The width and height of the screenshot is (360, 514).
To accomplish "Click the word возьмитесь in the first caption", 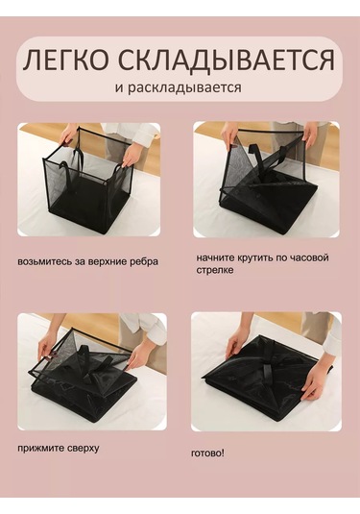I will coord(41,261).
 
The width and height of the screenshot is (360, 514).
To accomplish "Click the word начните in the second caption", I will coord(217,258).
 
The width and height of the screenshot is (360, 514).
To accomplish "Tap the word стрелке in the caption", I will coord(215,271).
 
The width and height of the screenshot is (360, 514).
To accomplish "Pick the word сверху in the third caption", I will coord(81,448).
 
